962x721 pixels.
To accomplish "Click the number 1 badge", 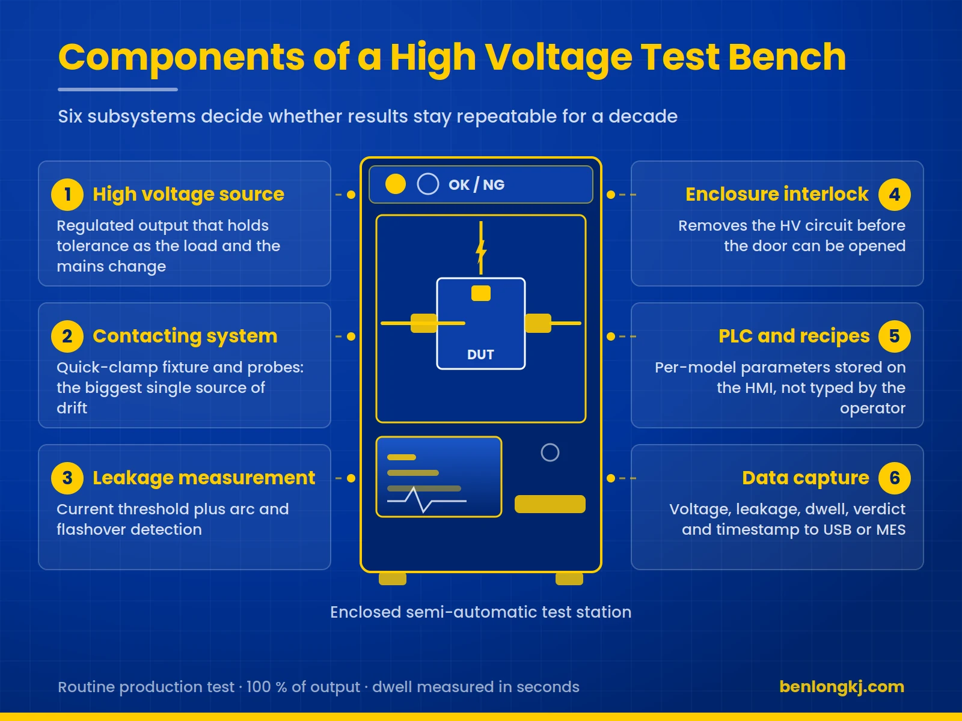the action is [67, 194].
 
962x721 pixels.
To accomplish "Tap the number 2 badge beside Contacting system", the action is [67, 336].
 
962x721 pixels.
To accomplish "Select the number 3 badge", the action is [67, 478].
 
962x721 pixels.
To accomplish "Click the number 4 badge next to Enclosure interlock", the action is [895, 194].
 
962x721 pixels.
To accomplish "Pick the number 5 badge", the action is [895, 336].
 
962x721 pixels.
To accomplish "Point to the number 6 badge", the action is [895, 478].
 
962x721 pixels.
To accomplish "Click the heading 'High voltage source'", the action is [188, 194].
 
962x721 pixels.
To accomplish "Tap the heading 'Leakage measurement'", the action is [204, 478].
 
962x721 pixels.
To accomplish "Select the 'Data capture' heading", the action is [806, 478].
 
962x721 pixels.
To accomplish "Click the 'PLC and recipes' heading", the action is [794, 336].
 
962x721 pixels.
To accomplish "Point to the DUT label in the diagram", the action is [480, 354].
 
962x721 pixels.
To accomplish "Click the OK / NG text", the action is [476, 184].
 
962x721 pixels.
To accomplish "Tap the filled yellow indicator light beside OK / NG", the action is [395, 184].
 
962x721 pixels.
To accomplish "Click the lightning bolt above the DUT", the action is [481, 248].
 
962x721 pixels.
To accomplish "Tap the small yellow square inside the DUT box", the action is [481, 293].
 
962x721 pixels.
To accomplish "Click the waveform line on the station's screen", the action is [426, 500].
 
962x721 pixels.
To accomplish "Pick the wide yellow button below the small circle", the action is [550, 504].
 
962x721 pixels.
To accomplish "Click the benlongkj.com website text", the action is [842, 687].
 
